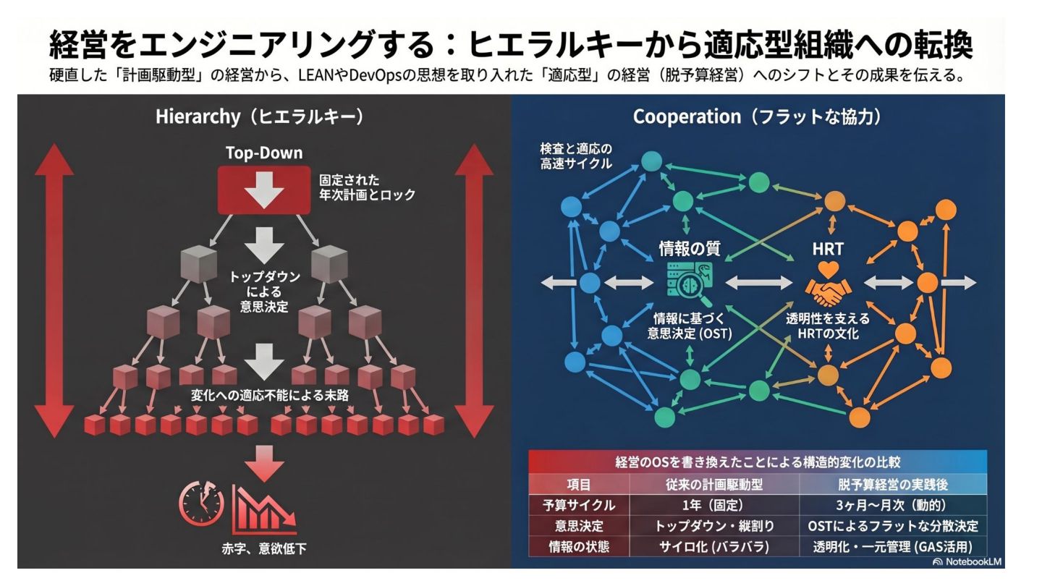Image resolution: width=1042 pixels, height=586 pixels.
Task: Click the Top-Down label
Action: [264, 153]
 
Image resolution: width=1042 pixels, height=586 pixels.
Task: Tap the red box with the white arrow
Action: [264, 190]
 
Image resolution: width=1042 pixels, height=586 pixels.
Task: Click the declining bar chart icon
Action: [263, 506]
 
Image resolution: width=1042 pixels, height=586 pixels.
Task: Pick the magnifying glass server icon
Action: [689, 284]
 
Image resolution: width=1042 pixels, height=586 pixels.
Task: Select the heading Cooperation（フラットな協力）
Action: [758, 116]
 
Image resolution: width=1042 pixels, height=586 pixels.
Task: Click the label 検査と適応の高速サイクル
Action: [576, 156]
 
